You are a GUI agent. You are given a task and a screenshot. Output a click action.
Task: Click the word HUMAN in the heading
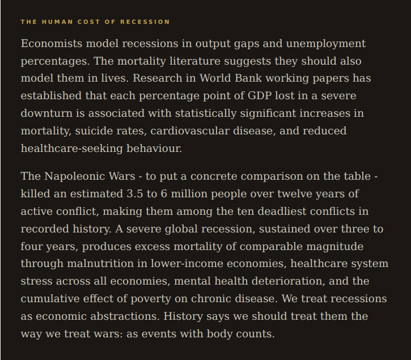point(54,22)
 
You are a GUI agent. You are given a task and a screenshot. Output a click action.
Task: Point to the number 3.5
point(135,194)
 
